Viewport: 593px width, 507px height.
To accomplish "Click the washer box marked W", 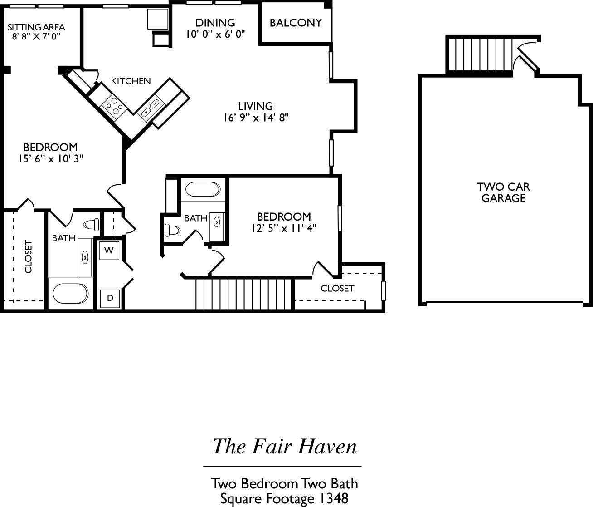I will [109, 250].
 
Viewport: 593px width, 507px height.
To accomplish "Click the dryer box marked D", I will [109, 298].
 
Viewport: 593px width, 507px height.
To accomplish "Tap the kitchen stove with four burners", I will [113, 106].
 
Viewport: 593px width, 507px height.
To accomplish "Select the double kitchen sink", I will [151, 108].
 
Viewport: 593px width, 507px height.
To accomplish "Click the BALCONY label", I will [296, 23].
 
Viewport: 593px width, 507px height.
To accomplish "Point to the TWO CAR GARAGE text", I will [503, 192].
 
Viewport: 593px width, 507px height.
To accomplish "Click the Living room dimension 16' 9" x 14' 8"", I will [256, 118].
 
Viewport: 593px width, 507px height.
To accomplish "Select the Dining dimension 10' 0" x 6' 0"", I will [215, 34].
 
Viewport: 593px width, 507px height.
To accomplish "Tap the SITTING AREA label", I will [36, 27].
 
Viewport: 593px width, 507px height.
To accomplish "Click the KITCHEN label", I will [131, 81].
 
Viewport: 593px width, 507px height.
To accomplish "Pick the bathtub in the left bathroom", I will [71, 294].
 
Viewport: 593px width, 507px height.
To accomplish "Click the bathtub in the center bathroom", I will [203, 189].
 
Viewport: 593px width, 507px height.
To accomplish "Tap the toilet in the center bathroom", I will [172, 230].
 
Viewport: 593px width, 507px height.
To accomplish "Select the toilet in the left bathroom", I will [92, 224].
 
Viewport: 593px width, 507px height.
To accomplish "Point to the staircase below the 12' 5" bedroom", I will [244, 294].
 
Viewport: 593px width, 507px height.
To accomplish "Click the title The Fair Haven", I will [285, 446].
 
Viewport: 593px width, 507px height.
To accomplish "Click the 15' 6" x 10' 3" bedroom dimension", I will [50, 159].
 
